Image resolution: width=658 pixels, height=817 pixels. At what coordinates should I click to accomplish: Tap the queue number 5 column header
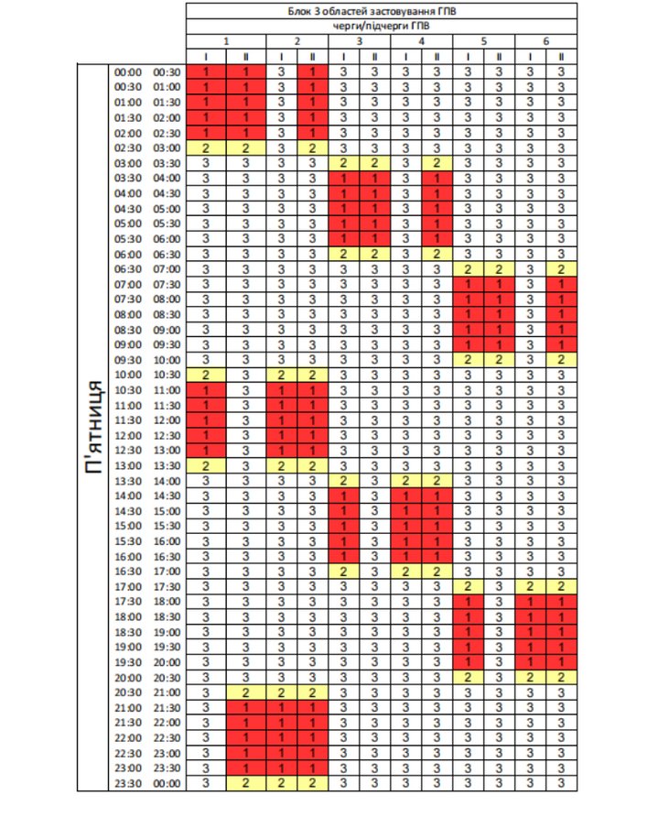483,41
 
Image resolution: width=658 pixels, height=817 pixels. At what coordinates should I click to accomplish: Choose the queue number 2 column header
297,41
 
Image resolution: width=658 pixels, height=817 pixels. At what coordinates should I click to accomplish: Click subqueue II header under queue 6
561,57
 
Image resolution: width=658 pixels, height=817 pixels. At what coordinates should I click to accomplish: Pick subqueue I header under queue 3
343,57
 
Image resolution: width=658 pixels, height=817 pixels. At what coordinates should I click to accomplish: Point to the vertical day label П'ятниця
92,426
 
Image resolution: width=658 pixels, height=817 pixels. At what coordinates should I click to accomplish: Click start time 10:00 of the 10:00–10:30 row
127,375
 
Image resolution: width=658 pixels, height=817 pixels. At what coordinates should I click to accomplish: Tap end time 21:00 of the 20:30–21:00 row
167,692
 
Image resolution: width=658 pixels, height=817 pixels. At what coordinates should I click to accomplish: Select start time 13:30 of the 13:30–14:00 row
127,481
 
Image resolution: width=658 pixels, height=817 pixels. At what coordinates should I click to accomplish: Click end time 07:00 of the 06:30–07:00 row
167,269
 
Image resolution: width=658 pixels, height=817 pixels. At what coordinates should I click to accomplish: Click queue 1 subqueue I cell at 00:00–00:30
207,71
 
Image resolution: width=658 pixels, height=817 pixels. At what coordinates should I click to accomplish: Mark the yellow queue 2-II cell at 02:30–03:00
312,147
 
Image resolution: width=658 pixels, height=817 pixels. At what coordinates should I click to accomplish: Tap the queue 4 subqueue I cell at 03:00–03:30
405,163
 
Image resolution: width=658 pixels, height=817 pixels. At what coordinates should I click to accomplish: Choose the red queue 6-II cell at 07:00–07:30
561,284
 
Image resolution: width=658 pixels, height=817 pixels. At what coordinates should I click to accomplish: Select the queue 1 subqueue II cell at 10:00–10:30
244,375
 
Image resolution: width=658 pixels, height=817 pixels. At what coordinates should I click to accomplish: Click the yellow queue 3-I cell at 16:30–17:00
343,572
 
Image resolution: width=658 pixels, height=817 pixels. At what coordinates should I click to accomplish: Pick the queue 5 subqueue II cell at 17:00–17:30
499,586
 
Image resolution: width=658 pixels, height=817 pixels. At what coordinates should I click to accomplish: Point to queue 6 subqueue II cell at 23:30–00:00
561,783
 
